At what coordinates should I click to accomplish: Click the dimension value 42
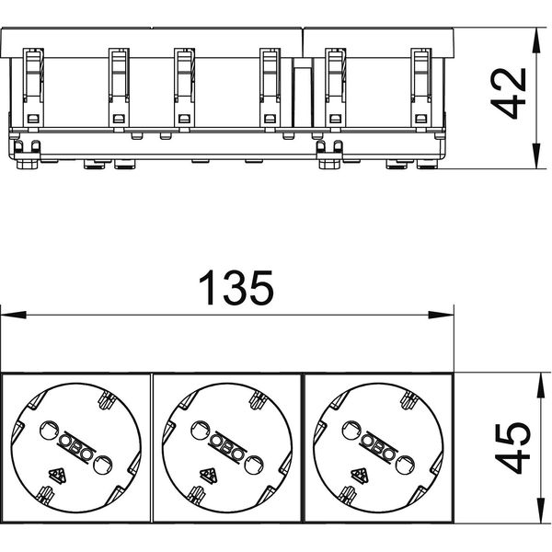(x=508, y=93)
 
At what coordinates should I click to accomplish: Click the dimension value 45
(x=512, y=448)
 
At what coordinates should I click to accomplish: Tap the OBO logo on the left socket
(x=75, y=448)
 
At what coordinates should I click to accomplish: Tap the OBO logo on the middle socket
(x=226, y=448)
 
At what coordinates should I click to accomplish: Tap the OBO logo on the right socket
(x=378, y=448)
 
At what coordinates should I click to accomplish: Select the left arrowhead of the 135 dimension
(x=14, y=315)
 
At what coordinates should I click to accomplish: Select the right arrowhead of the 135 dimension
(x=441, y=315)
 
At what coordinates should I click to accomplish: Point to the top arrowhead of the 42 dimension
(x=535, y=40)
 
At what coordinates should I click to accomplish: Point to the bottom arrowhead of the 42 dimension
(x=535, y=156)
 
